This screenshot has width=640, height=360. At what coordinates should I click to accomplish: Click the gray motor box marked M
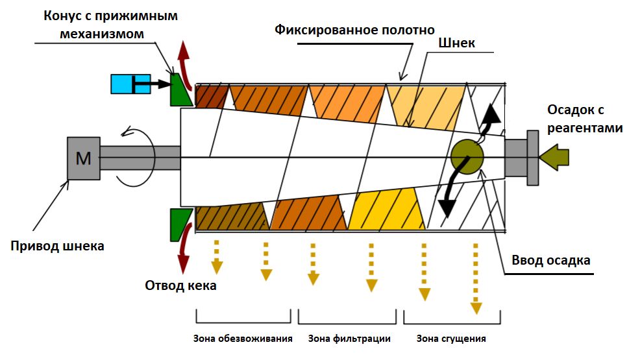[x=84, y=158]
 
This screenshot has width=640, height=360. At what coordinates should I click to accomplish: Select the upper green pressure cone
[x=178, y=90]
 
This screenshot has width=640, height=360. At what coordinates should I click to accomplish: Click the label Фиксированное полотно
[x=354, y=30]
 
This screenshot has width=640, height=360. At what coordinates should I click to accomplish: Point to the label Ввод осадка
[x=551, y=260]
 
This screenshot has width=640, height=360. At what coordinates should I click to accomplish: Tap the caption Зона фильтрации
[x=349, y=339]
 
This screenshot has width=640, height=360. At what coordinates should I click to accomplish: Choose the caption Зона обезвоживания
[x=243, y=339]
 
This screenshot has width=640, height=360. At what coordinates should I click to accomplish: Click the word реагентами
[x=585, y=128]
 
